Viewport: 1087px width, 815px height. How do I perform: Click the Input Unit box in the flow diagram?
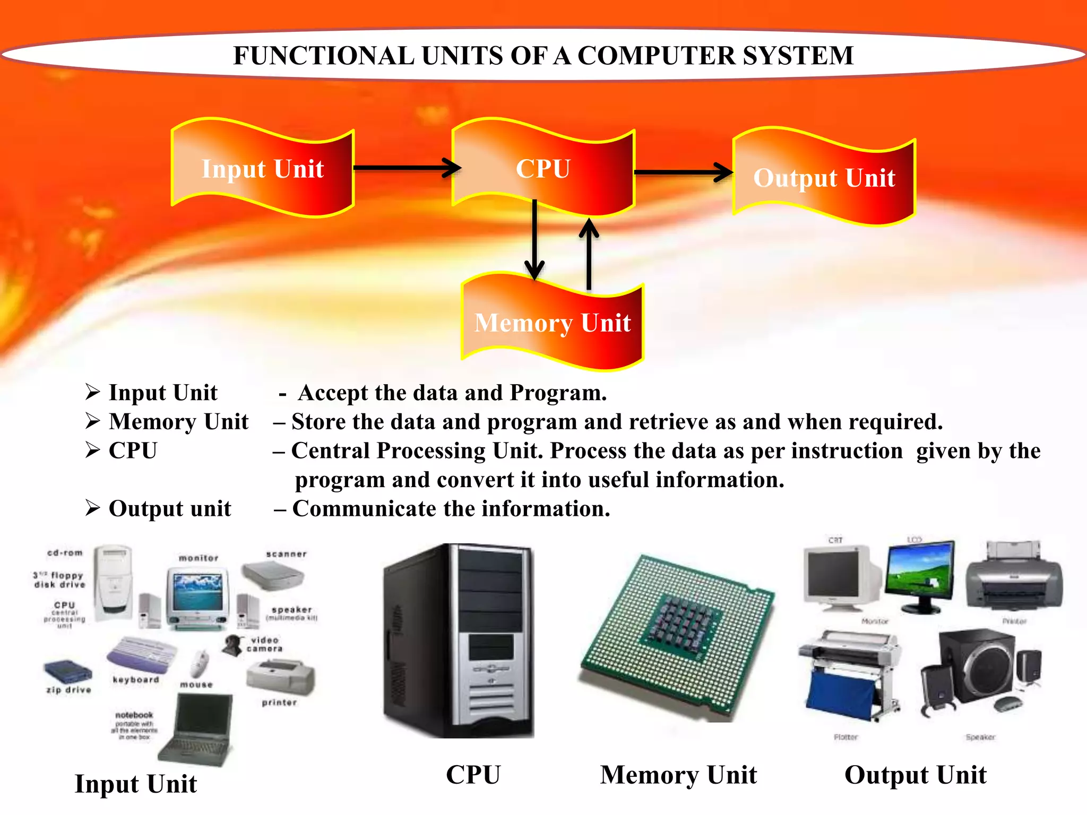(263, 168)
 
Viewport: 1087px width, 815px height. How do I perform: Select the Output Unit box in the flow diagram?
(824, 177)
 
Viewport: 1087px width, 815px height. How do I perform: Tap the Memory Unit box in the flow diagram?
(553, 322)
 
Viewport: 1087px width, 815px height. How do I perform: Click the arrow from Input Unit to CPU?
(406, 168)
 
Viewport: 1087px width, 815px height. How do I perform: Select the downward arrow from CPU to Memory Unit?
(534, 239)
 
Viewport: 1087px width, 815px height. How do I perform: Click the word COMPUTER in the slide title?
(656, 56)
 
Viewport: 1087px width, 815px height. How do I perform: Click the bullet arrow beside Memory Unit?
(93, 421)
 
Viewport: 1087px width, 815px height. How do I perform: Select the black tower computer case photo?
(458, 640)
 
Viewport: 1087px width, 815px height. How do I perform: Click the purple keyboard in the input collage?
(141, 654)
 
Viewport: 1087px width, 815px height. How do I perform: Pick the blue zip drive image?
(67, 672)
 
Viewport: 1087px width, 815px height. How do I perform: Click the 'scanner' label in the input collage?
(286, 554)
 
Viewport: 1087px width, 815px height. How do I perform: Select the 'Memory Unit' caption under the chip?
(678, 775)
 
